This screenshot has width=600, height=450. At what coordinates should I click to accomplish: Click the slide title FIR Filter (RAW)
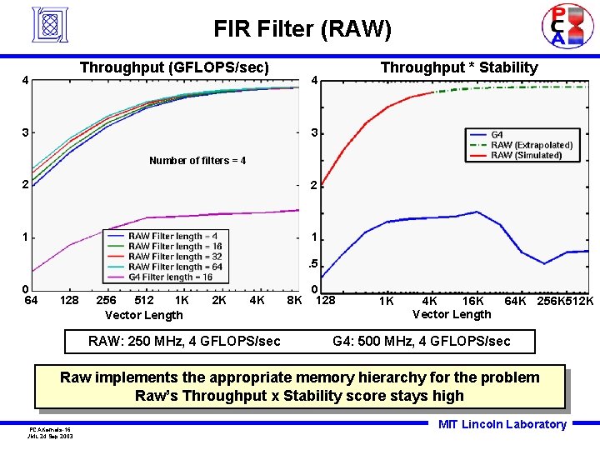tap(302, 29)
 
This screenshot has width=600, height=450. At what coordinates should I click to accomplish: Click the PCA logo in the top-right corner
tap(557, 26)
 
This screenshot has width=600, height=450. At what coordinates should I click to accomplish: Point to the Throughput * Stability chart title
tap(459, 67)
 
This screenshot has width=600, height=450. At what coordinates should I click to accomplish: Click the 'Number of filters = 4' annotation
tap(197, 160)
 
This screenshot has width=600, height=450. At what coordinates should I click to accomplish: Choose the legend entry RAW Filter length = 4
tap(172, 236)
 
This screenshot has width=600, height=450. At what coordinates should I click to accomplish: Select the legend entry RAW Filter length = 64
tap(175, 267)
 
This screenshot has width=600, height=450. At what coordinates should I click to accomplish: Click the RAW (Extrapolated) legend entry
tap(532, 145)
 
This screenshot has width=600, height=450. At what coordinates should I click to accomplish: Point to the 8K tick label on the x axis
tap(293, 299)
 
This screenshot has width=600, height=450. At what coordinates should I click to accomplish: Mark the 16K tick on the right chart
tap(473, 300)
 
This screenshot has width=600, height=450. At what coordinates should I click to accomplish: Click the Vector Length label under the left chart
tap(143, 315)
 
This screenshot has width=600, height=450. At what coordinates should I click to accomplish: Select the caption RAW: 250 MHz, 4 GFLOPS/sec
tap(184, 341)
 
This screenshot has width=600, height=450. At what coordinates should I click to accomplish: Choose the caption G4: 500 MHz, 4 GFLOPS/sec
tap(421, 341)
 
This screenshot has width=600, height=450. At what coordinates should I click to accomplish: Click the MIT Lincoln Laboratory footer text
tap(502, 425)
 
